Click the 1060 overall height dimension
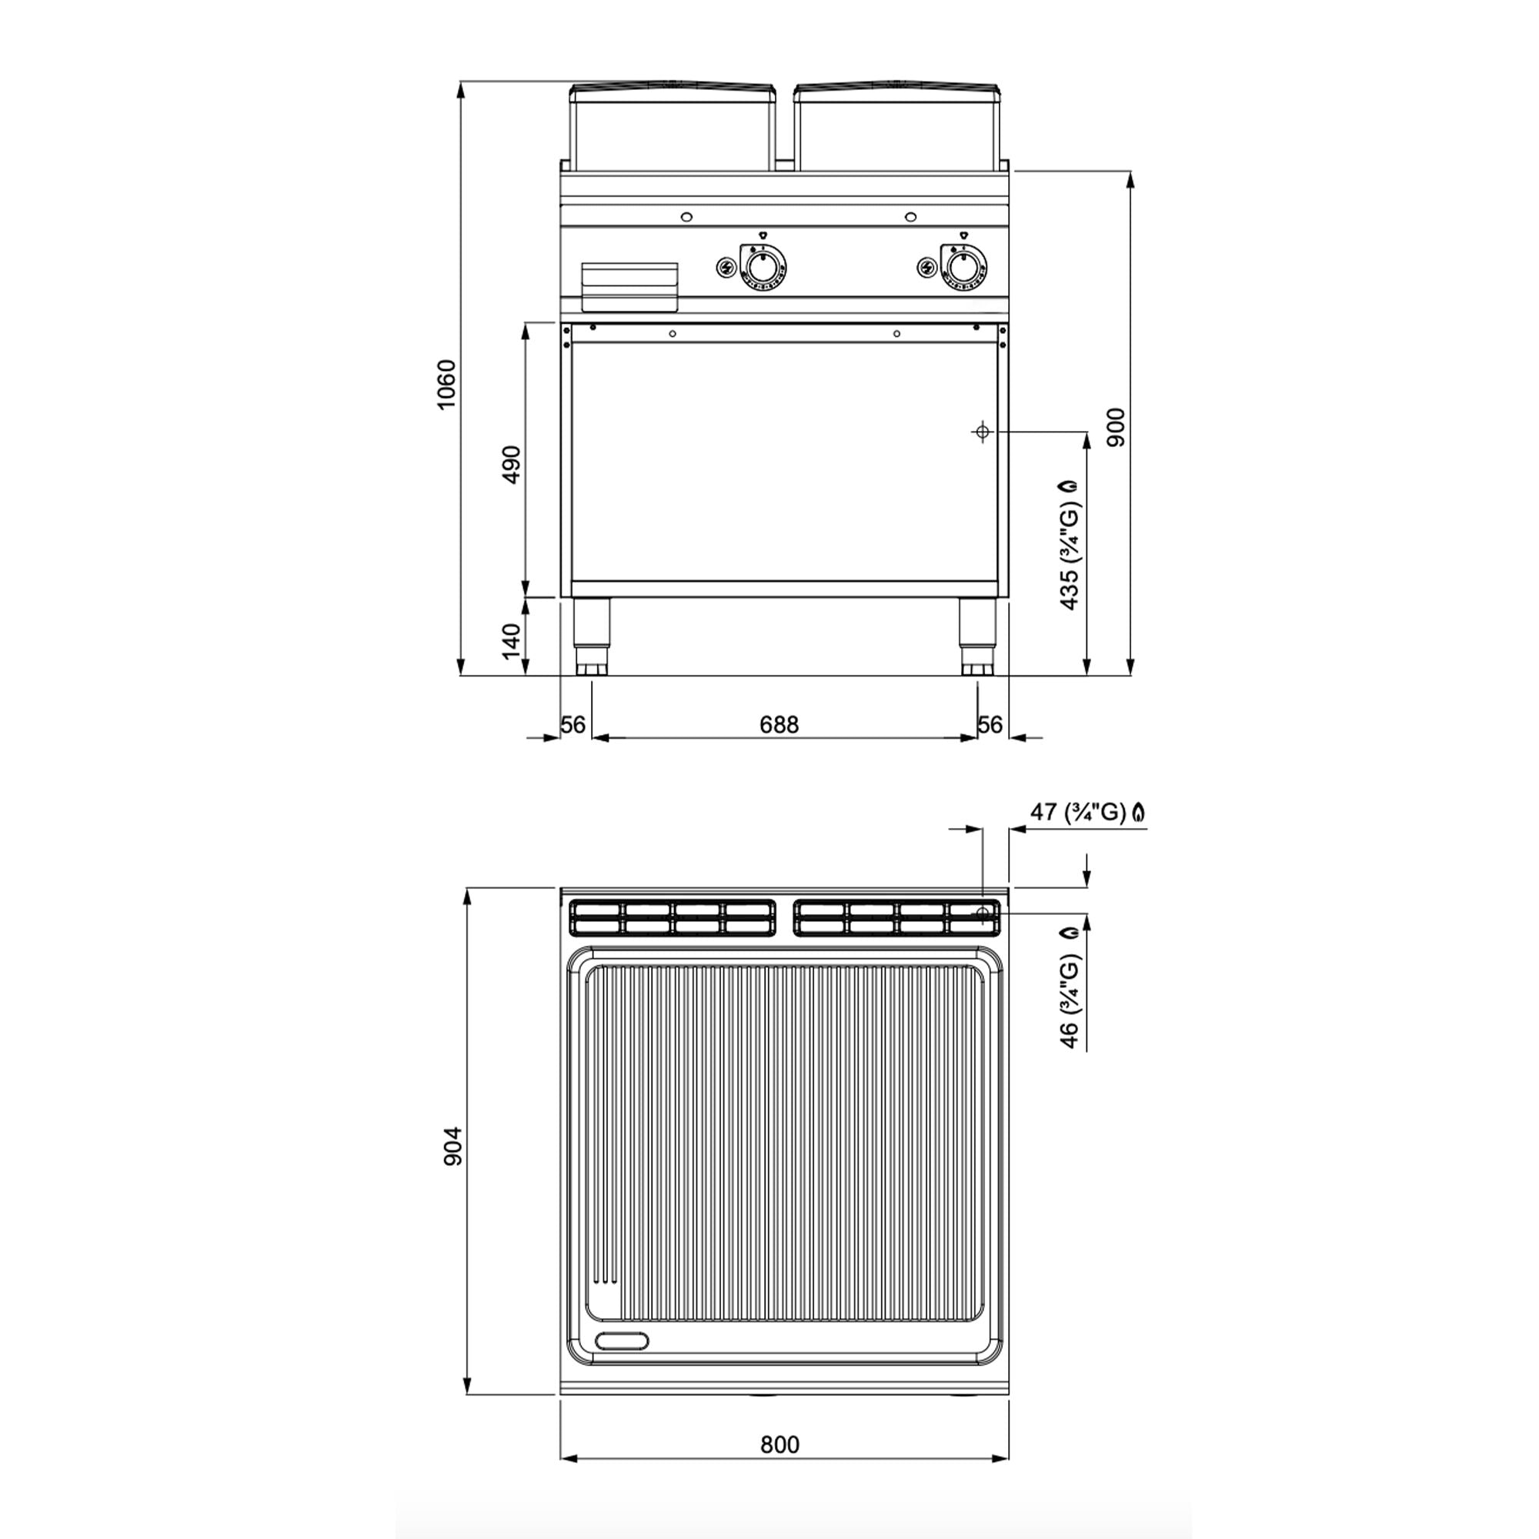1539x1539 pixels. pos(447,384)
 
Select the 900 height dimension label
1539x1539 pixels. pos(1117,427)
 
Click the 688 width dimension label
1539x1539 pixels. pos(778,724)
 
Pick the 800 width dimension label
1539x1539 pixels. pos(779,1444)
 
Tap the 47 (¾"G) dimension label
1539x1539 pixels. pos(1087,812)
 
